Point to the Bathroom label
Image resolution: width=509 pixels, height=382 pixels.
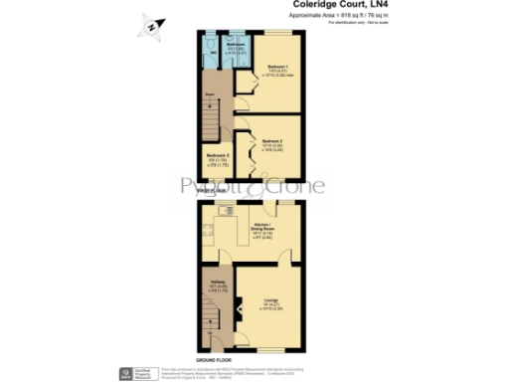click(235, 44)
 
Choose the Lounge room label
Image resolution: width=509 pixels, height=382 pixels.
click(269, 299)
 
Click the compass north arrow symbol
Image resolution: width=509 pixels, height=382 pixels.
click(151, 28)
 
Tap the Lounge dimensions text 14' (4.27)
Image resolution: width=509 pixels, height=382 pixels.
click(269, 305)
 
